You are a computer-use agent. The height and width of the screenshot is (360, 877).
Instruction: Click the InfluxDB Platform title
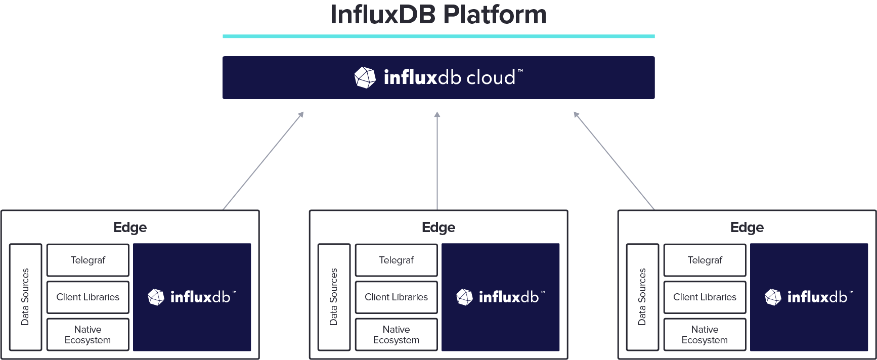tap(438, 15)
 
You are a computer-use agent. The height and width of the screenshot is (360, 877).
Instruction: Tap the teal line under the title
tap(438, 36)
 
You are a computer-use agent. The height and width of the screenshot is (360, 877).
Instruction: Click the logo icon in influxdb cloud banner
tap(365, 78)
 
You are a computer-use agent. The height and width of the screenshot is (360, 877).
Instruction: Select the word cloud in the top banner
tap(490, 78)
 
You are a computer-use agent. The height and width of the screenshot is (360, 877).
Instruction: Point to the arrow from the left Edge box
tap(263, 160)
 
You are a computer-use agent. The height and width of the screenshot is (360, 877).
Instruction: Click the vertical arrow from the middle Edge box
tap(437, 160)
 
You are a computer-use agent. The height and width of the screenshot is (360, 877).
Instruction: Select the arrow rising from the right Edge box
tap(613, 160)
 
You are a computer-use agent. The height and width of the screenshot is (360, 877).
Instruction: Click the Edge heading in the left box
tap(130, 228)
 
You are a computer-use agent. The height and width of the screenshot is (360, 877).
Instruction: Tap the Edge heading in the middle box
tap(438, 228)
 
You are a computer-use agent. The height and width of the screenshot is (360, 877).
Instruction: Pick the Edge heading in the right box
tap(747, 228)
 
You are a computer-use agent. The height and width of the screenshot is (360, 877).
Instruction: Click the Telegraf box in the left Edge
tap(88, 260)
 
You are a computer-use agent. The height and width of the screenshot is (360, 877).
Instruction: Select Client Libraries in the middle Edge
tap(396, 297)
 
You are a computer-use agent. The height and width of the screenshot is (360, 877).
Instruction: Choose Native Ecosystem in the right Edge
tap(705, 335)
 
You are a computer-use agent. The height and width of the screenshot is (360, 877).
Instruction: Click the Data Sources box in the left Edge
tap(25, 297)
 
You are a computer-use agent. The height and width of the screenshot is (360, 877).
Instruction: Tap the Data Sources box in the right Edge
tap(642, 297)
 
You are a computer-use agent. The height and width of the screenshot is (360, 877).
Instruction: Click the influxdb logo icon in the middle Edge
tap(464, 297)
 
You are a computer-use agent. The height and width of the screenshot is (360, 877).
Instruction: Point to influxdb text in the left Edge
tap(200, 297)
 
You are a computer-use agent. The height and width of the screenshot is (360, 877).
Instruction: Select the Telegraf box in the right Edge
tap(705, 260)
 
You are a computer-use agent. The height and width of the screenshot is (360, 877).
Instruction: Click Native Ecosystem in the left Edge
tap(88, 335)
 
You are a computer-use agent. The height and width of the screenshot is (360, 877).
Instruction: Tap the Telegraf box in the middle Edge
tap(396, 260)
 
